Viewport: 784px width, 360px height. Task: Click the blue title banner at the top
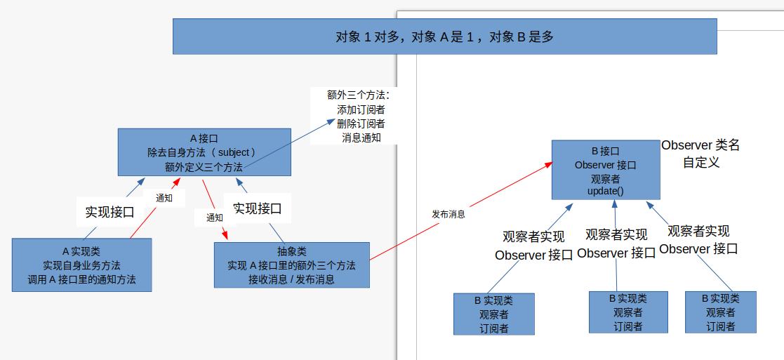pyautogui.click(x=444, y=36)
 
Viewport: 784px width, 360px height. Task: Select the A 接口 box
pyautogui.click(x=204, y=152)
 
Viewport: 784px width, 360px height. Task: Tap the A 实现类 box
pyautogui.click(x=81, y=265)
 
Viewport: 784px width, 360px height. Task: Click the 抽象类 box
pyautogui.click(x=291, y=265)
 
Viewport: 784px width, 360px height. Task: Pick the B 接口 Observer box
pyautogui.click(x=605, y=170)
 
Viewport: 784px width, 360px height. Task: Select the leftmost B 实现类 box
pyautogui.click(x=494, y=314)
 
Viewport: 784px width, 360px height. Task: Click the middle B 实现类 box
pyautogui.click(x=627, y=312)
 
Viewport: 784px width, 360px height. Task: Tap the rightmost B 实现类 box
pyautogui.click(x=720, y=312)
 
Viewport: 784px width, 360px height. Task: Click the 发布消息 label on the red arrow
pyautogui.click(x=449, y=214)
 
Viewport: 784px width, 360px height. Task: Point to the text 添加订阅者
pyautogui.click(x=361, y=109)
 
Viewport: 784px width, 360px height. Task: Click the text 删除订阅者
pyautogui.click(x=361, y=124)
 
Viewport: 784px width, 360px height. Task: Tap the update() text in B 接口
pyautogui.click(x=605, y=191)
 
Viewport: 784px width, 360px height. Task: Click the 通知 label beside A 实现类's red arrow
pyautogui.click(x=164, y=198)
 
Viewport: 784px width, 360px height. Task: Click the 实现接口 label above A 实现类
pyautogui.click(x=109, y=211)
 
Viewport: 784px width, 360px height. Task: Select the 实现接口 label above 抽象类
pyautogui.click(x=258, y=208)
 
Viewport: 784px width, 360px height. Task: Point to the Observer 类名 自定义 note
pyautogui.click(x=700, y=153)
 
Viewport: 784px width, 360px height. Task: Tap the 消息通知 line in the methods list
pyautogui.click(x=361, y=138)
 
